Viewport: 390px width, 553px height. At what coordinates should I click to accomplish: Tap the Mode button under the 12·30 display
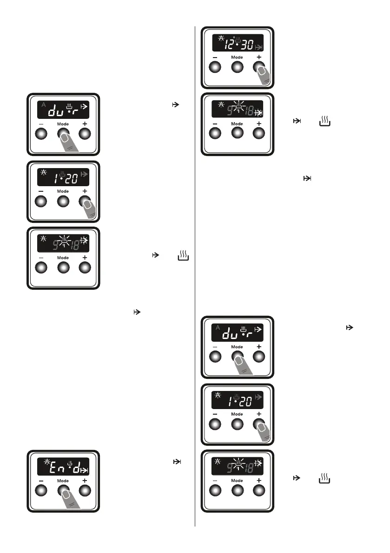tap(237, 67)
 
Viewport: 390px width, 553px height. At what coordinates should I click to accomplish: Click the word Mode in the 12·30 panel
tap(237, 58)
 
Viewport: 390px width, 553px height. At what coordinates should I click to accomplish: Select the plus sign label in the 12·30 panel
tap(259, 57)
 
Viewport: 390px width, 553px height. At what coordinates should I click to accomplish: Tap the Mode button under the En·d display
tap(63, 491)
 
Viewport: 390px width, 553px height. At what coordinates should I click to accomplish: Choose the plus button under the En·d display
tap(85, 491)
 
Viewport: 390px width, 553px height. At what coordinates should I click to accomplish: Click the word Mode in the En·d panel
tap(63, 481)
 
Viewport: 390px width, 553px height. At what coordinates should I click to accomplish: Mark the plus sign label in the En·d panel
tap(85, 480)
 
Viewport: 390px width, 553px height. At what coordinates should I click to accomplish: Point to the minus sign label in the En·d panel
tap(41, 481)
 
